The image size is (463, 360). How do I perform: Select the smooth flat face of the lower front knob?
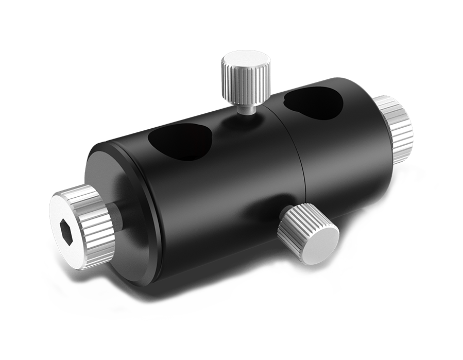click(x=316, y=243)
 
